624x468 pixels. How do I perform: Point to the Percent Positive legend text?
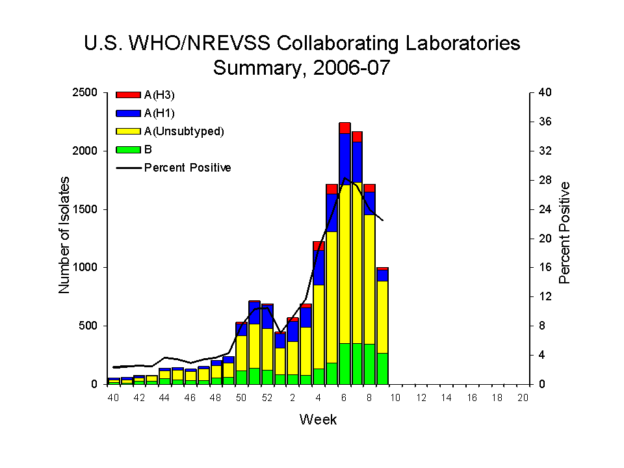(x=187, y=168)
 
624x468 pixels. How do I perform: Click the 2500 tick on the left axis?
(x=87, y=92)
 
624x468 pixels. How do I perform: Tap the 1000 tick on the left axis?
(x=87, y=267)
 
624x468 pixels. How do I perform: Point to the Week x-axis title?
(x=318, y=420)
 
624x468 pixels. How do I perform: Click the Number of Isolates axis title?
(x=64, y=238)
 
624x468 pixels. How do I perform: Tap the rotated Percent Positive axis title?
(x=565, y=232)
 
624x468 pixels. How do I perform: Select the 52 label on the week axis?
(x=267, y=398)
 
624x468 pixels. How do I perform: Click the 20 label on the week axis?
(x=523, y=398)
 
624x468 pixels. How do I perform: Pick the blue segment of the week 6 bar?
(x=344, y=159)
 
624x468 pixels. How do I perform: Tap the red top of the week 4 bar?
(x=318, y=246)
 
